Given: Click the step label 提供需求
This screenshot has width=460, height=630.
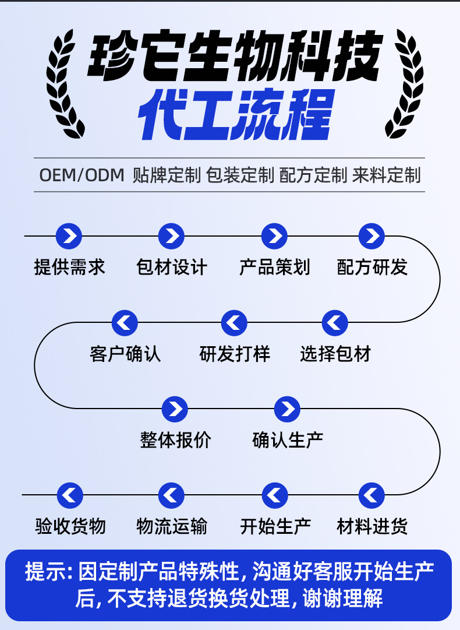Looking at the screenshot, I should (x=70, y=268).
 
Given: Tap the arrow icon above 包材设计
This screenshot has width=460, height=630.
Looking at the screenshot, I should (x=171, y=237).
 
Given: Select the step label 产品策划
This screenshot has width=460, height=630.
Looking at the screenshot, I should (x=274, y=268).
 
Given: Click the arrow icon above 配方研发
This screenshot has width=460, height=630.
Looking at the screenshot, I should (x=371, y=237).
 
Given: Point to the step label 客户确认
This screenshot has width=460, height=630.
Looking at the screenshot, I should (x=125, y=354).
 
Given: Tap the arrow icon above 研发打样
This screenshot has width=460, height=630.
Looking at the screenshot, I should (x=234, y=323).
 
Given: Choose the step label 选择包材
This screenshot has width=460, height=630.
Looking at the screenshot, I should (x=335, y=354).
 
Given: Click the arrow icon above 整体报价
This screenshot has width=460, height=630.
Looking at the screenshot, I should (x=175, y=409).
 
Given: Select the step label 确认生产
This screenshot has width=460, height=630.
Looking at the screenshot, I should (x=288, y=440).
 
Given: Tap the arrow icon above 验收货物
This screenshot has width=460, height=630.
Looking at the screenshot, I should (x=70, y=495).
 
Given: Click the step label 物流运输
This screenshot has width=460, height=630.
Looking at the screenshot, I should (x=171, y=526).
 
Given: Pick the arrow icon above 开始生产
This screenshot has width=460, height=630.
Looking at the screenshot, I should (x=275, y=495).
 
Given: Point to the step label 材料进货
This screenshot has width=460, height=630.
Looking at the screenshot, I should (x=372, y=526).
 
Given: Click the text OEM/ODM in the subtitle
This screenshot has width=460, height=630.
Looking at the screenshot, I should (x=82, y=175).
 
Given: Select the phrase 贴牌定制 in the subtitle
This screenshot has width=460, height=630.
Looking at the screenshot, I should (x=167, y=175).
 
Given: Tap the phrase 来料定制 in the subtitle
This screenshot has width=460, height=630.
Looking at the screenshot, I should (x=386, y=175).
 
